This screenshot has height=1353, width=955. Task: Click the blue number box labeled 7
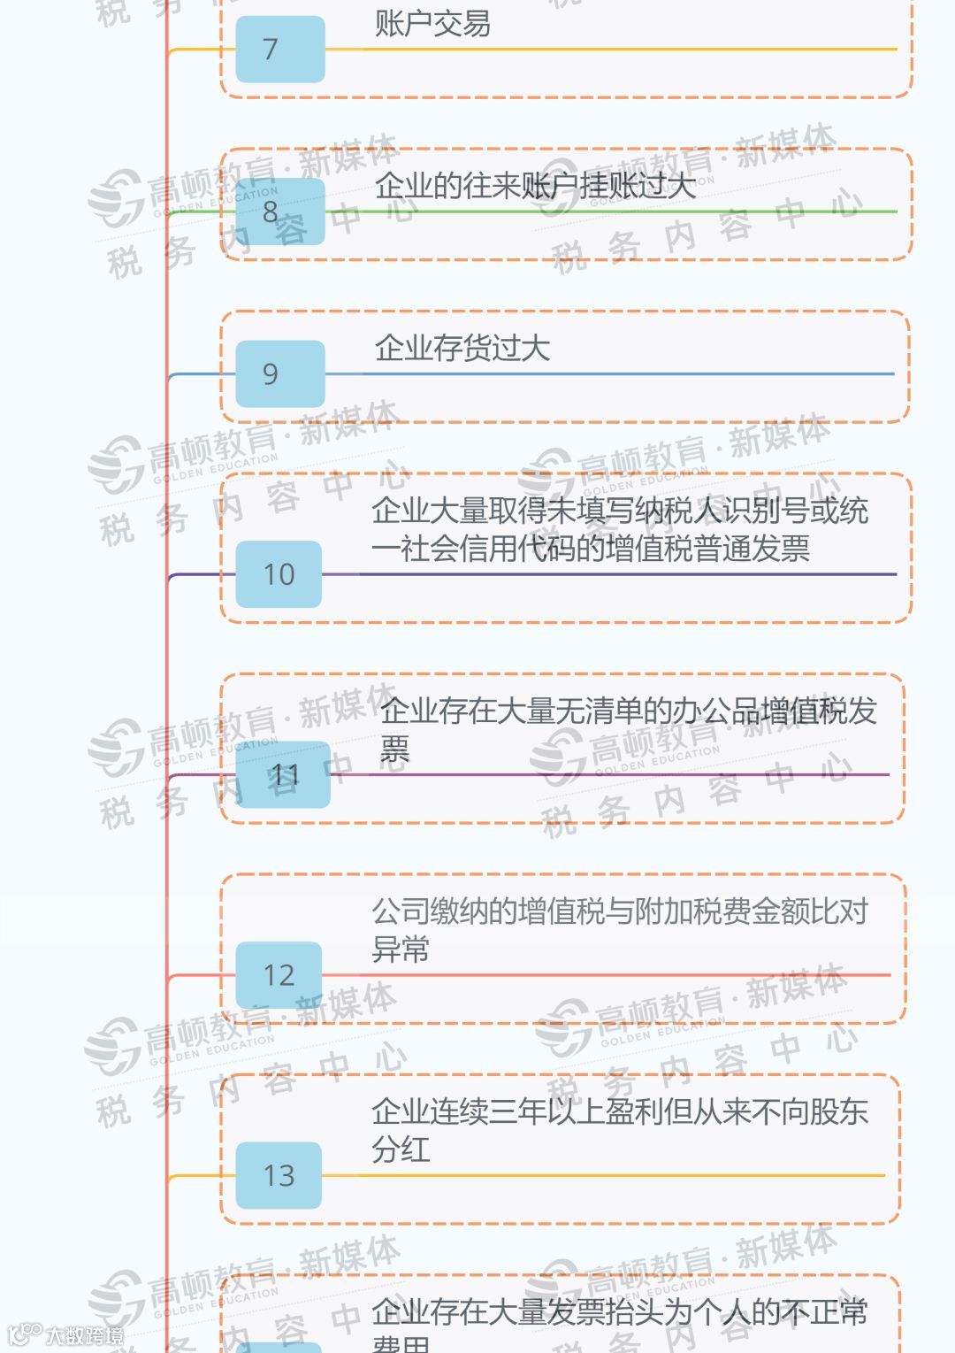pos(279,50)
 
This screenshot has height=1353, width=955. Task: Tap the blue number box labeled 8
pos(279,212)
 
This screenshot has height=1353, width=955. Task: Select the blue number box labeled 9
pos(279,374)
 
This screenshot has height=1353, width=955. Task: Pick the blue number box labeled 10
pos(279,574)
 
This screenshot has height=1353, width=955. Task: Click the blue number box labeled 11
pos(283,775)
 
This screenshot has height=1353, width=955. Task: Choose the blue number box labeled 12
pos(279,975)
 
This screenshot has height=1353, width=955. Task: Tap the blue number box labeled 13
pos(279,1175)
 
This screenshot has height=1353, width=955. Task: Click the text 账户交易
pos(432,23)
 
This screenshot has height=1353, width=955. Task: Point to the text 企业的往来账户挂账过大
pos(534,186)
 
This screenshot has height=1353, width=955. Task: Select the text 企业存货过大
pos(462,348)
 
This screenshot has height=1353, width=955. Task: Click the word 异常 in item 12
pos(401,949)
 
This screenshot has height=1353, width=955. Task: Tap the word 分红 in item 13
pos(401,1149)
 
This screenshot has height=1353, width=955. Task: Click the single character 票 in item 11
pos(394,750)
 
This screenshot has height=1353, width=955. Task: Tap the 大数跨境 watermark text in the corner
pos(84,1335)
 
